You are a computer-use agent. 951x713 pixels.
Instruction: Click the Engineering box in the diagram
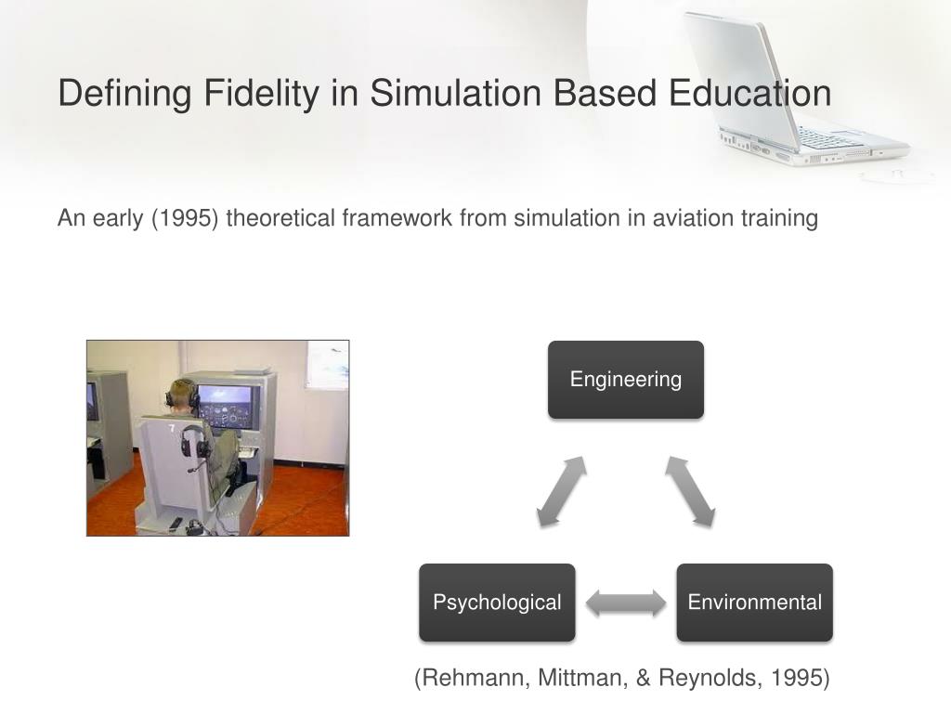pos(626,380)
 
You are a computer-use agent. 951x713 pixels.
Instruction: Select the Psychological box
pos(498,603)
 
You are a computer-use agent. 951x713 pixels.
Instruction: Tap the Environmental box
pos(754,603)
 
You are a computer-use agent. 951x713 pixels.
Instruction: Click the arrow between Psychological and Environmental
pos(626,603)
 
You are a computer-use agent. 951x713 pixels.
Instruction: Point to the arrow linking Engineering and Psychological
pos(562,491)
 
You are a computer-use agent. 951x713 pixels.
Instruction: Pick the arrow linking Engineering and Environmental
pos(690,491)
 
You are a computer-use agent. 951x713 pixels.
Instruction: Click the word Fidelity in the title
pos(261,94)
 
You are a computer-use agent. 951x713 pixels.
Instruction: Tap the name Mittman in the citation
pos(582,678)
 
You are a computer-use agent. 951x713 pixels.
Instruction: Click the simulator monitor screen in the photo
pos(227,407)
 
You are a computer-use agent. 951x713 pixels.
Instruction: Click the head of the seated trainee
pos(182,394)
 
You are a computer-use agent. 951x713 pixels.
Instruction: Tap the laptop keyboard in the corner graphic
pos(826,138)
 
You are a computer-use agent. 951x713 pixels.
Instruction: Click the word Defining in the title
pos(125,94)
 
